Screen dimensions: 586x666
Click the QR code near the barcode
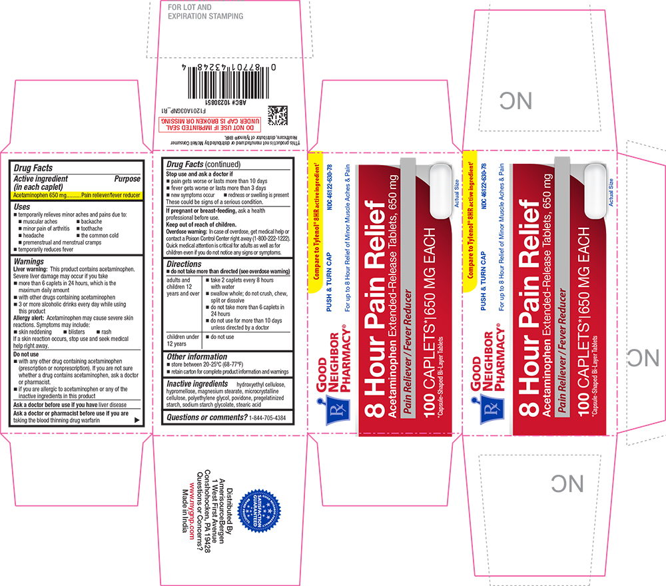pyautogui.click(x=278, y=116)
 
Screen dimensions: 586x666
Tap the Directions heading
pyautogui.click(x=184, y=264)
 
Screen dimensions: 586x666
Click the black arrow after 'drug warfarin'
pyautogui.click(x=137, y=420)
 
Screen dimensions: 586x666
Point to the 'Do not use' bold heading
pyautogui.click(x=27, y=354)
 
